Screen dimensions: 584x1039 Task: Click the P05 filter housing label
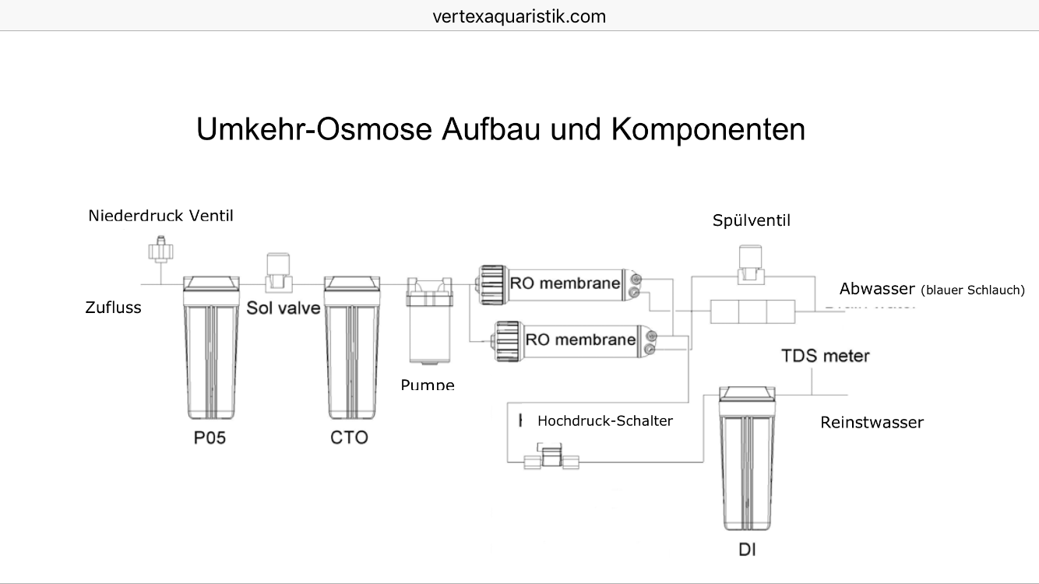210,438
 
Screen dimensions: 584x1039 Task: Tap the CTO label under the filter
349,438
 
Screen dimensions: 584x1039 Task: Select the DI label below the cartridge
747,550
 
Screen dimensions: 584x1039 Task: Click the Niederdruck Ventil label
160,216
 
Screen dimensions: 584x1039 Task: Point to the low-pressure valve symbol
160,251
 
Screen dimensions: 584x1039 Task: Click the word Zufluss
113,308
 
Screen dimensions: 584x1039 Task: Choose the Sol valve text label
284,308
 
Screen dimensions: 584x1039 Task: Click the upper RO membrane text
565,283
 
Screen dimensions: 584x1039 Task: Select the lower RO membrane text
580,339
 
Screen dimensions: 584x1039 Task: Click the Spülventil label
751,221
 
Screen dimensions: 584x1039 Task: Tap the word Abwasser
876,289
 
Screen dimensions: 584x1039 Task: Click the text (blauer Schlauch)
972,290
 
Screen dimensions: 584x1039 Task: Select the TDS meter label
825,356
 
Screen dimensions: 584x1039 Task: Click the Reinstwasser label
872,423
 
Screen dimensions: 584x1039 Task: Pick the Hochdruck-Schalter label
604,421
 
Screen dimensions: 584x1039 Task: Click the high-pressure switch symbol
552,457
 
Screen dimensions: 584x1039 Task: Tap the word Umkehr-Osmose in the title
315,129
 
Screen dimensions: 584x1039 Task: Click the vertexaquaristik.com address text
519,16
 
